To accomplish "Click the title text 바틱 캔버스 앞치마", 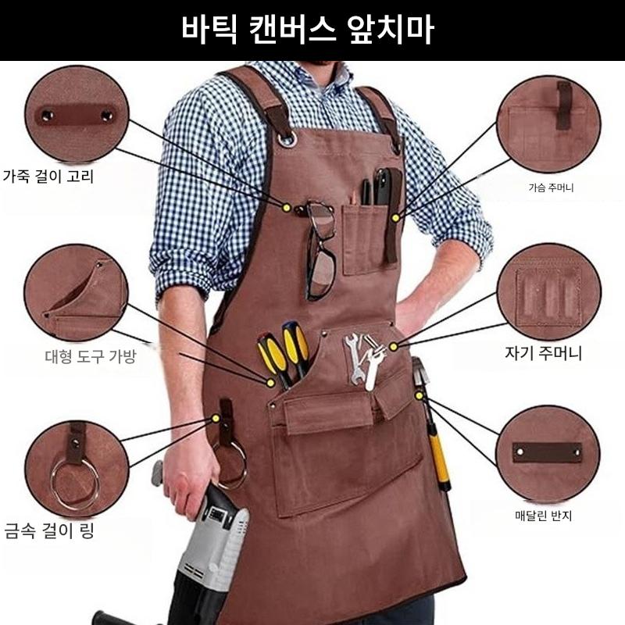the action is [x=307, y=30].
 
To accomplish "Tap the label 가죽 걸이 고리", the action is [x=48, y=176].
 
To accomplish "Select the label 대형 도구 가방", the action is [x=91, y=356].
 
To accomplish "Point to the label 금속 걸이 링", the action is [x=49, y=530].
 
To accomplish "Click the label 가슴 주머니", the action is [x=551, y=187].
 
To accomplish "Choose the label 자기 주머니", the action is [x=543, y=353].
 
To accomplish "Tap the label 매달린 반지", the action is [x=543, y=516].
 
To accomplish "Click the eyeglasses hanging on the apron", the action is [x=320, y=251].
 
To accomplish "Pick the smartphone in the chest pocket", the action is [x=384, y=187].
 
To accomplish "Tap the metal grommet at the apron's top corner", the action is [x=287, y=140].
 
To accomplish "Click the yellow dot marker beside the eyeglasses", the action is [x=286, y=208].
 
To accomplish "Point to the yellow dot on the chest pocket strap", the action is [x=395, y=218].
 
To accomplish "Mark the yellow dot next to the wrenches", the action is [x=394, y=347].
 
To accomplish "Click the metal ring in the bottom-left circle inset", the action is [x=75, y=484].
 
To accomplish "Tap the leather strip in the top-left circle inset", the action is [x=76, y=116].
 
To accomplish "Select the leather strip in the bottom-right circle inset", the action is [x=547, y=453].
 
